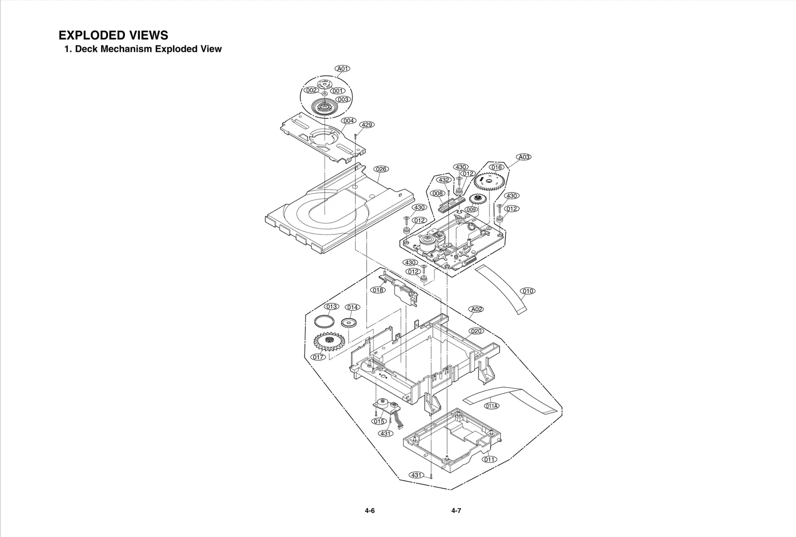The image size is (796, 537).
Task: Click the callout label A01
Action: tap(342, 69)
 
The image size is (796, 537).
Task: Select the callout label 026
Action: tap(381, 169)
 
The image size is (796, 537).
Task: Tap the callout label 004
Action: tap(348, 121)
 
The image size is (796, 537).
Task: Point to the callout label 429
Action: tap(367, 124)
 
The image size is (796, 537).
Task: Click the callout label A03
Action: tap(524, 157)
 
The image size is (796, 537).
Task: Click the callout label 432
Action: tap(444, 180)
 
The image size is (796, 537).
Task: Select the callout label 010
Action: tap(528, 291)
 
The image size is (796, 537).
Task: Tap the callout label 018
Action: tap(378, 290)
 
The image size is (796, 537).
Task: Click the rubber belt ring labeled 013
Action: tap(324, 321)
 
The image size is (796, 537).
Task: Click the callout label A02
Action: tap(476, 309)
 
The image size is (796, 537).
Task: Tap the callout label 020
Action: tap(476, 331)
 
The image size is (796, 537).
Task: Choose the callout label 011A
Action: tap(492, 406)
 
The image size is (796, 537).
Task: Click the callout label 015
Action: tap(379, 421)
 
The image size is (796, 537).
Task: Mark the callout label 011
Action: tap(490, 459)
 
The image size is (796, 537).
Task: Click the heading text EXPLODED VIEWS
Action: tap(113, 35)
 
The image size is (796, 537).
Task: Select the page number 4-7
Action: tap(456, 511)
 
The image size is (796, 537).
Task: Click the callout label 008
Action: tap(437, 193)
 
